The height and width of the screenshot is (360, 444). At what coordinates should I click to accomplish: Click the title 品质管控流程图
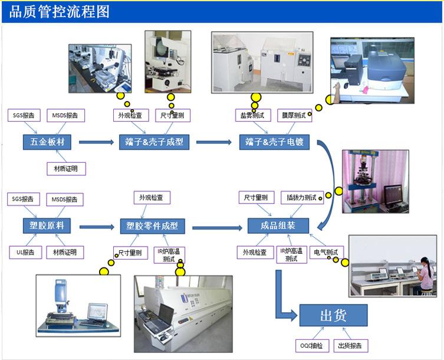click(x=60, y=12)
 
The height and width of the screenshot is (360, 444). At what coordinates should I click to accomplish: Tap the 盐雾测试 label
click(x=252, y=115)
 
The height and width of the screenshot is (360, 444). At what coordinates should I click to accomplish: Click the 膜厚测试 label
click(x=294, y=115)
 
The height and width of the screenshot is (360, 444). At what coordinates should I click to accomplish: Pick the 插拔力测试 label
click(x=300, y=198)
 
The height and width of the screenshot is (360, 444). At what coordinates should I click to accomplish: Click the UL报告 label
click(x=25, y=253)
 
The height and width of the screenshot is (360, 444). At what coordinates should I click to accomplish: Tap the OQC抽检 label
click(x=312, y=345)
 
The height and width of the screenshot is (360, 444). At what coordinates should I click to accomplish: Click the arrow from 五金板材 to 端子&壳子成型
click(x=95, y=142)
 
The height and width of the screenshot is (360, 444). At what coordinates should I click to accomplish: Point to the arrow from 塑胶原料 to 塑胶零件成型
click(x=96, y=227)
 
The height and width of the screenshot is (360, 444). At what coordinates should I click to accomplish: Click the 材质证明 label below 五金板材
click(x=66, y=169)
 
